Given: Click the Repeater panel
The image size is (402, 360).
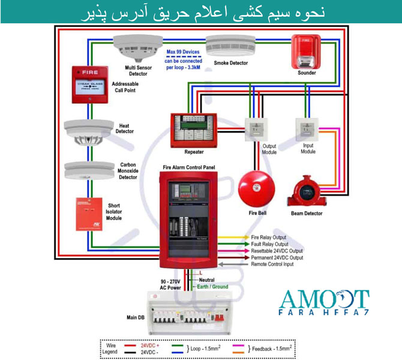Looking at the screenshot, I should click(193, 129).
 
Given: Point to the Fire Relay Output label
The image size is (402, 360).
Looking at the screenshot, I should click(268, 238).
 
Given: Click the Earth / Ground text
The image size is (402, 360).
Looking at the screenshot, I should click(212, 287).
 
